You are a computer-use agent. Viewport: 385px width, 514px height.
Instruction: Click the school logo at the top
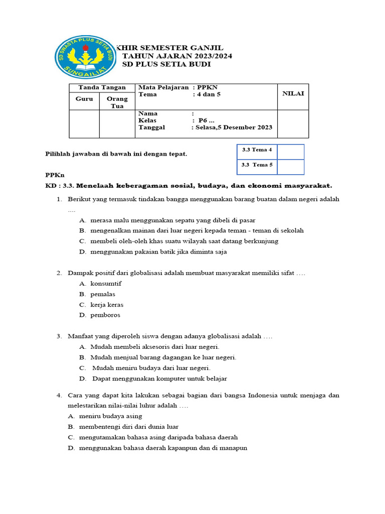[x=83, y=56]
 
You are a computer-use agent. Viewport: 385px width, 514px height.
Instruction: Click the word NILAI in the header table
[x=293, y=94]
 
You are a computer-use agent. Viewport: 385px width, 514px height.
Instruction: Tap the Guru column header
[x=84, y=99]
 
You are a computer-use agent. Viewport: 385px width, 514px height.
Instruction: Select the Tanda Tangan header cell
[x=102, y=87]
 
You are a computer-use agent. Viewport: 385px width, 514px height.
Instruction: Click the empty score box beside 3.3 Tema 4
[x=290, y=151]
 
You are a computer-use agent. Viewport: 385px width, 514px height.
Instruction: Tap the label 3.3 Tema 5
[x=257, y=164]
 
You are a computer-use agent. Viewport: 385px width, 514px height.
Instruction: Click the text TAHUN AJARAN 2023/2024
[x=177, y=56]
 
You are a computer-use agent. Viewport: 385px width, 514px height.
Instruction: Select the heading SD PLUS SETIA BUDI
[x=166, y=64]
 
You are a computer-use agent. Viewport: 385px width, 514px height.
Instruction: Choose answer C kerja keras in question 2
[x=107, y=305]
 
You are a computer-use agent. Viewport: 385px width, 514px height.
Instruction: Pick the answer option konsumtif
[x=106, y=284]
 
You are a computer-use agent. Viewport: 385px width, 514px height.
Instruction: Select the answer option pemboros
[x=105, y=315]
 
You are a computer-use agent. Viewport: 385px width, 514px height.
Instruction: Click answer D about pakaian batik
[x=158, y=252]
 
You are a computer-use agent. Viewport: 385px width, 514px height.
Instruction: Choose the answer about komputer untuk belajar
[x=159, y=378]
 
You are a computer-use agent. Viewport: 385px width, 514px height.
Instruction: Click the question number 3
[x=59, y=336]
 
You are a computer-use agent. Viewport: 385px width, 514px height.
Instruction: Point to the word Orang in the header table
[x=117, y=99]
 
